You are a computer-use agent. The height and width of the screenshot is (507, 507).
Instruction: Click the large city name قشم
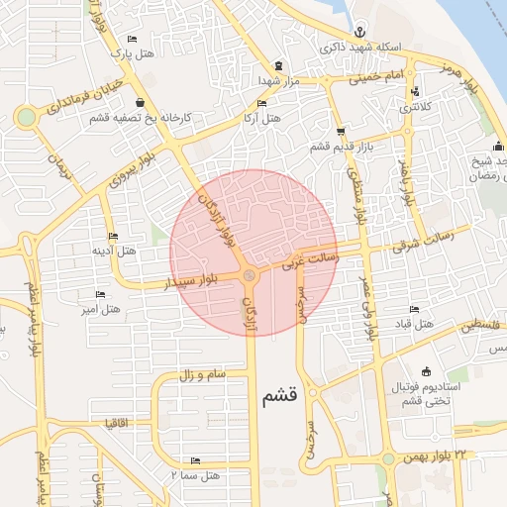point(281,397)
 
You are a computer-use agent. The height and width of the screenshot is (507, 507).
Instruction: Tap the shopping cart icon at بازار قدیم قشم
point(341,131)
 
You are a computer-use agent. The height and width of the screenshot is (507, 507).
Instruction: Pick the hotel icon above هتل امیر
point(99,294)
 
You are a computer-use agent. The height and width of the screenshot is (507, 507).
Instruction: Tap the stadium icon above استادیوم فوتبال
point(426,370)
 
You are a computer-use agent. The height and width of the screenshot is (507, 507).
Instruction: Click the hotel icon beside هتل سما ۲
point(194,460)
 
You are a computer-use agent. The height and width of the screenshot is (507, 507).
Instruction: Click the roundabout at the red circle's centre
point(250,275)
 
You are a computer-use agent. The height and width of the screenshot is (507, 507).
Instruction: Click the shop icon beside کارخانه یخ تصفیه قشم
point(139,102)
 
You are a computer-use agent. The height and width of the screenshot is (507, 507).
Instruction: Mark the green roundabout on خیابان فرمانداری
point(26,117)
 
